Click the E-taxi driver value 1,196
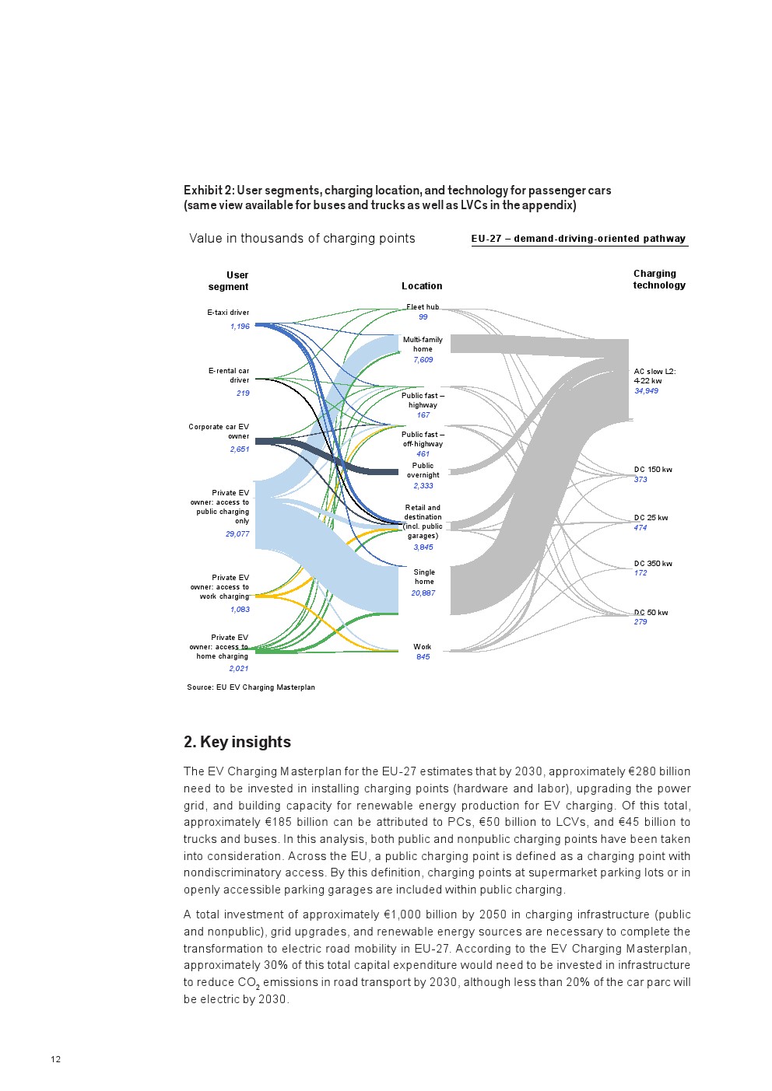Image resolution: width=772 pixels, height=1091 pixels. pyautogui.click(x=240, y=327)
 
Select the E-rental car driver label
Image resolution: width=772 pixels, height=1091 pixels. pyautogui.click(x=229, y=376)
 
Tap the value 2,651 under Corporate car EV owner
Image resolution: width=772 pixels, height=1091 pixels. pyautogui.click(x=240, y=449)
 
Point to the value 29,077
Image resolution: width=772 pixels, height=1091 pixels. pyautogui.click(x=237, y=534)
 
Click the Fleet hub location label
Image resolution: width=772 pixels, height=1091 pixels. pyautogui.click(x=423, y=307)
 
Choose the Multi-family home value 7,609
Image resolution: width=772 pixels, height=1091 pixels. pyautogui.click(x=423, y=360)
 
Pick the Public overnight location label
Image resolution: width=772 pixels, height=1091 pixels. pyautogui.click(x=423, y=470)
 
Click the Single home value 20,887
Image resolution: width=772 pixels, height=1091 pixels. pyautogui.click(x=423, y=593)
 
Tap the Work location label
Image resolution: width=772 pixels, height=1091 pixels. pyautogui.click(x=423, y=647)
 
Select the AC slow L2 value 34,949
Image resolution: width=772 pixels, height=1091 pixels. pyautogui.click(x=646, y=391)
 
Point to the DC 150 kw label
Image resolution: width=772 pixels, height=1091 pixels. pyautogui.click(x=653, y=470)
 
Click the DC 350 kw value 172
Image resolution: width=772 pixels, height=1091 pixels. pyautogui.click(x=640, y=573)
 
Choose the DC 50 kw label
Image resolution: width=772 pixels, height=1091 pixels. pyautogui.click(x=651, y=613)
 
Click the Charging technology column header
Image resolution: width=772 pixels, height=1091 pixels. pyautogui.click(x=658, y=279)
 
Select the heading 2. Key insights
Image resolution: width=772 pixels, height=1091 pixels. pyautogui.click(x=237, y=742)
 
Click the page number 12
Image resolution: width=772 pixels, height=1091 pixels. pyautogui.click(x=56, y=1059)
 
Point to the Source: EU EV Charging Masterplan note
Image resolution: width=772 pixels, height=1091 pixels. pyautogui.click(x=251, y=687)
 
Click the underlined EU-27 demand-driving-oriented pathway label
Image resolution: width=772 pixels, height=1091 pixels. pyautogui.click(x=578, y=239)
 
